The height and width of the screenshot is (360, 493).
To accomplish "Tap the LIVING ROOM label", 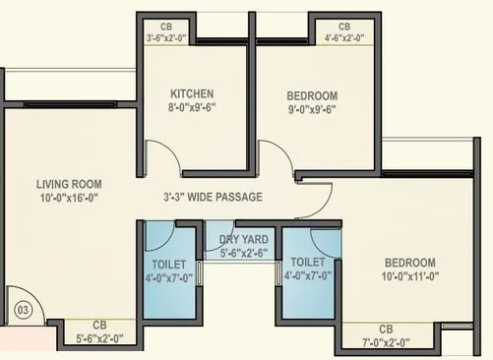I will click(x=69, y=184).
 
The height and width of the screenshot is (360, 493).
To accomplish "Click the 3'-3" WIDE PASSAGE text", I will click(x=213, y=197).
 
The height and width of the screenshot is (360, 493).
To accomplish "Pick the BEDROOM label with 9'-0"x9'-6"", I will click(x=313, y=95).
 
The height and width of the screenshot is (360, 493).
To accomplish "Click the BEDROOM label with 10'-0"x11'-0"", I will click(x=409, y=263).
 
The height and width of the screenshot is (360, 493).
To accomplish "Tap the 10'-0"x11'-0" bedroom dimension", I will click(x=409, y=278).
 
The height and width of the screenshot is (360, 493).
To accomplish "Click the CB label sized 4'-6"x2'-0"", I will click(x=344, y=27).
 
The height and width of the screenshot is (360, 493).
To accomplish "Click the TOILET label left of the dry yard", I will click(x=170, y=264).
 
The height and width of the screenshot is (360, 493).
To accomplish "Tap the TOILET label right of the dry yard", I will click(x=309, y=263).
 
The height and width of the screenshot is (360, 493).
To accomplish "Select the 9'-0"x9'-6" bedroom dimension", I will click(x=313, y=111).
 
